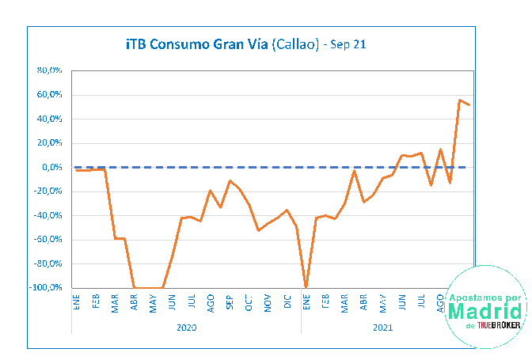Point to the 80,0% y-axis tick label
pos(50,70)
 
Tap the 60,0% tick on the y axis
pos(50,95)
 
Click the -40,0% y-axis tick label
pos(48,216)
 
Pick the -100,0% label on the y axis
pos(46,288)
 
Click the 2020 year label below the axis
pos(187,326)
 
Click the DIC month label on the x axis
pos(287,302)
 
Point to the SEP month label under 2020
pos(230,303)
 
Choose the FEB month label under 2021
pos(325,303)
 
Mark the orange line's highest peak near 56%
pos(460,100)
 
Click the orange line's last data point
pos(469,104)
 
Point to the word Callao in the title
pos(295,45)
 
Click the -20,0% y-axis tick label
pos(48,191)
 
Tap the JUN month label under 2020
pos(173,303)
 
